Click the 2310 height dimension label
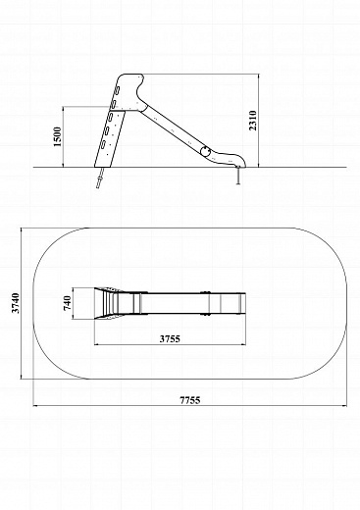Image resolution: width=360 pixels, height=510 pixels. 253,121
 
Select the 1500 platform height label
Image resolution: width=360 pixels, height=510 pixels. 57,136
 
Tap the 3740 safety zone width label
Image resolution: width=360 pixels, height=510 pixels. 16,303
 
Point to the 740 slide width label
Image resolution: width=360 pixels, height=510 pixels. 67,303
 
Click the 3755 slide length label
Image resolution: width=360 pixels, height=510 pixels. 170,338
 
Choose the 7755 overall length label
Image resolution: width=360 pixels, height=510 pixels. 190,400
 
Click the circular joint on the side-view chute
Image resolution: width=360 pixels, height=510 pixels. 205,151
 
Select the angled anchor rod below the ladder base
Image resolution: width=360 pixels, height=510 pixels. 99,178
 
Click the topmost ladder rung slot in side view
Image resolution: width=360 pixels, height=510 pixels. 117,90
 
